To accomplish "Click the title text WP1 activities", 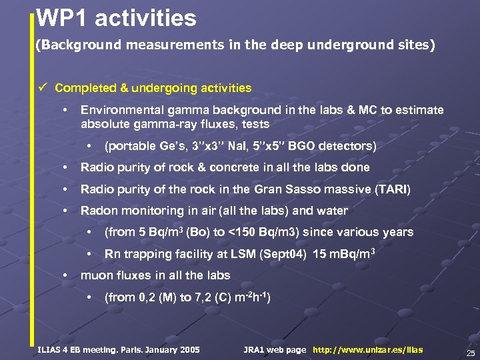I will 116,18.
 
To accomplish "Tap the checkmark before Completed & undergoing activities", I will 43,88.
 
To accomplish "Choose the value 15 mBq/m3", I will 348,253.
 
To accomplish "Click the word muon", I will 96,275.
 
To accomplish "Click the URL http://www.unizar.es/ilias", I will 367,350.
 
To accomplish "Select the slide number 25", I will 471,353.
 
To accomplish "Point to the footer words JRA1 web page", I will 275,350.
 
